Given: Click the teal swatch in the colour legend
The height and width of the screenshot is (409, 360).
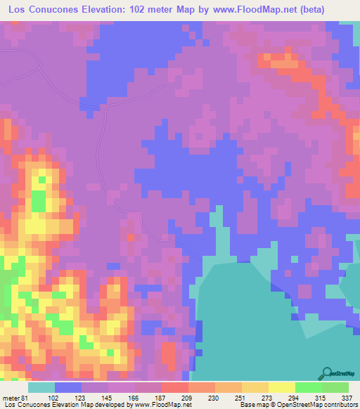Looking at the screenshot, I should [x=41, y=387].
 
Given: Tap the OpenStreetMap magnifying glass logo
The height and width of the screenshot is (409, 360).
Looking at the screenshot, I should [x=326, y=372].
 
